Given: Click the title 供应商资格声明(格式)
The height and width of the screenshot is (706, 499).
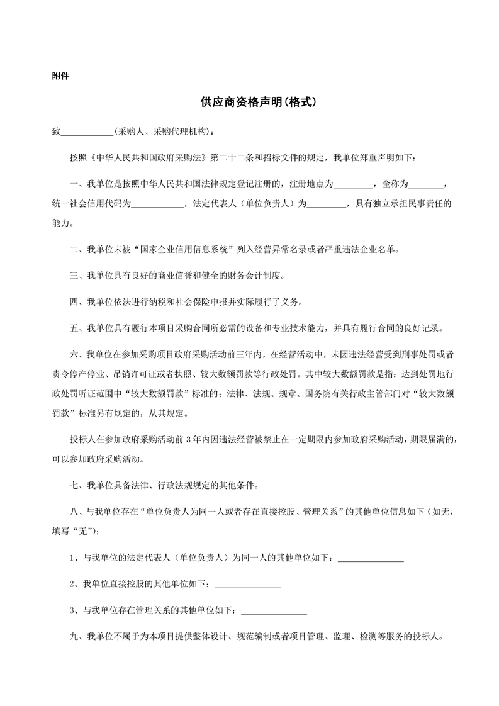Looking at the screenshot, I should (249, 102).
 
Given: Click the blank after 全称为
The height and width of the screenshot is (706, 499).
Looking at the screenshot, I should (427, 185).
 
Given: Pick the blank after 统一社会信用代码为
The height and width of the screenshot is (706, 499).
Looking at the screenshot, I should (157, 204).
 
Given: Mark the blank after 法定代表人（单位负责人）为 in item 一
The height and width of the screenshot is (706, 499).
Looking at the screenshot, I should (327, 204).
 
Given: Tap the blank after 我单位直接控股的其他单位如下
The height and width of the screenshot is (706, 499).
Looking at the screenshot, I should (247, 584).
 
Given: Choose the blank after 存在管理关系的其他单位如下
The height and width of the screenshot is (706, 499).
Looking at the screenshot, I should (274, 610).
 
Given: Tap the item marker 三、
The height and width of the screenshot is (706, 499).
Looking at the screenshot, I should (77, 276).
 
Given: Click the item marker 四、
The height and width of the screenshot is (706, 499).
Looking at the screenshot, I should (77, 302).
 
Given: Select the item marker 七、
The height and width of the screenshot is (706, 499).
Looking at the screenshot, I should (77, 486).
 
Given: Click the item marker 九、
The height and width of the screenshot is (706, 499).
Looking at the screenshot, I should (77, 637).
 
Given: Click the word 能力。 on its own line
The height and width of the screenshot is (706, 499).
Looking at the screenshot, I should (63, 223).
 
